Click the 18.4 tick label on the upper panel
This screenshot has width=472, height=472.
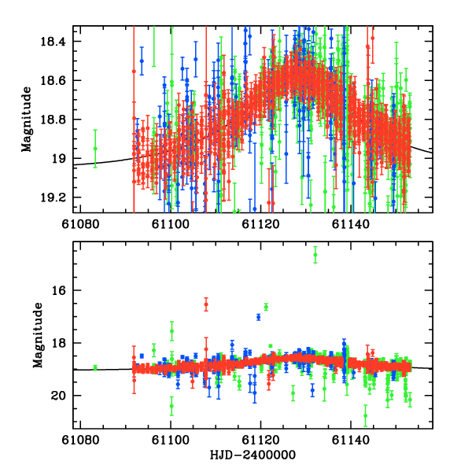(x=56, y=42)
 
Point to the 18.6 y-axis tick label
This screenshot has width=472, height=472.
(x=56, y=80)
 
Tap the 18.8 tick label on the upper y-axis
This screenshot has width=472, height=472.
(x=56, y=120)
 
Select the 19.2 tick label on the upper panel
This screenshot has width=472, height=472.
(x=56, y=197)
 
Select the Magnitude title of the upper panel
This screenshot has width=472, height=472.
(x=27, y=120)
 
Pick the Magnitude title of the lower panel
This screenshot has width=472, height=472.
(x=37, y=335)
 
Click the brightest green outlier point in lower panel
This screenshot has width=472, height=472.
(x=315, y=253)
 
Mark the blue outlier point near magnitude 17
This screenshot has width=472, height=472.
(x=258, y=317)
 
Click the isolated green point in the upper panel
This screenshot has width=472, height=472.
(x=95, y=148)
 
